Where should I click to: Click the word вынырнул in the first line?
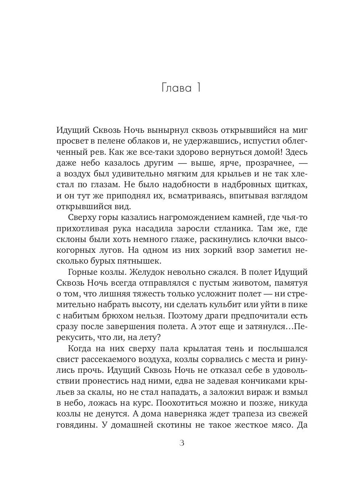(160, 131)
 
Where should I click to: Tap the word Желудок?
(129, 273)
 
